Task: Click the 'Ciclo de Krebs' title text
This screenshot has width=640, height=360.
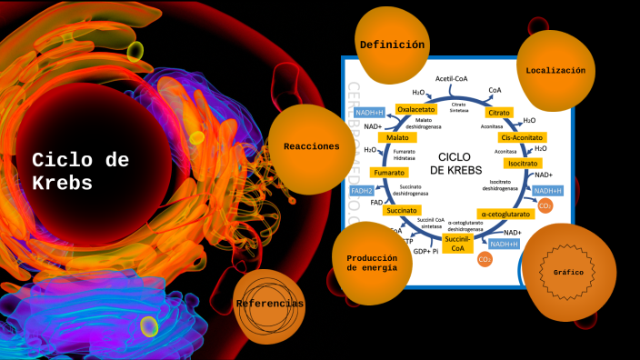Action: point(80,171)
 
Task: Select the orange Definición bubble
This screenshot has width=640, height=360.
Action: point(392,45)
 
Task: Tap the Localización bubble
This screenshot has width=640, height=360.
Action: point(555,70)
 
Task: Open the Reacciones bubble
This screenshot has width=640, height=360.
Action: point(311,146)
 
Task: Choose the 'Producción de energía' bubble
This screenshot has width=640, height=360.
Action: point(370,263)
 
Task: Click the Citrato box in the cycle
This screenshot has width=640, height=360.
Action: point(498,113)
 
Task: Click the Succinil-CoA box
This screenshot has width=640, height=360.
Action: point(458,243)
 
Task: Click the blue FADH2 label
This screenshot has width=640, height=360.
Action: point(362,191)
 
